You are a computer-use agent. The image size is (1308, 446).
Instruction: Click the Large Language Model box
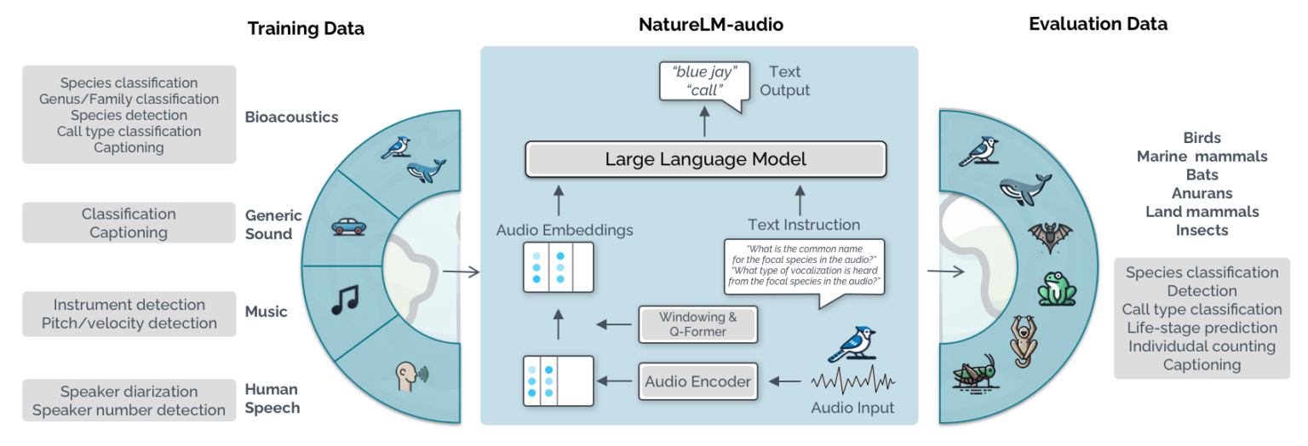pyautogui.click(x=706, y=159)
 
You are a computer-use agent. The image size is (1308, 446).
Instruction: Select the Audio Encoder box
pyautogui.click(x=697, y=382)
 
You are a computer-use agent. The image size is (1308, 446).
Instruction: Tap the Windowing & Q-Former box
pyautogui.click(x=697, y=324)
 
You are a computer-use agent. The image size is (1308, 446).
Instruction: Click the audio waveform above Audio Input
pyautogui.click(x=852, y=380)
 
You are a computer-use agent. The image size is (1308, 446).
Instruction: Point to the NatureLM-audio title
pyautogui.click(x=711, y=25)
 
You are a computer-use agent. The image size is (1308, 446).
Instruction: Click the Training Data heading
pyautogui.click(x=306, y=28)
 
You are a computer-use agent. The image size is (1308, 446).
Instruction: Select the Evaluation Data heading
pyautogui.click(x=1098, y=24)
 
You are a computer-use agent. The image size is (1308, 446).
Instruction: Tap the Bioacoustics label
pyautogui.click(x=291, y=117)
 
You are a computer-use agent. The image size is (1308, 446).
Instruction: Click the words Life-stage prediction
pyautogui.click(x=1202, y=328)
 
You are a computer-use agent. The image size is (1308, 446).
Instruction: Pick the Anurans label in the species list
pyautogui.click(x=1202, y=193)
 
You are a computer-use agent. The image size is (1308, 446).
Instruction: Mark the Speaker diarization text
pyautogui.click(x=129, y=392)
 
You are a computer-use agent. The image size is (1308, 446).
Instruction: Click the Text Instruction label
pyautogui.click(x=803, y=225)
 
